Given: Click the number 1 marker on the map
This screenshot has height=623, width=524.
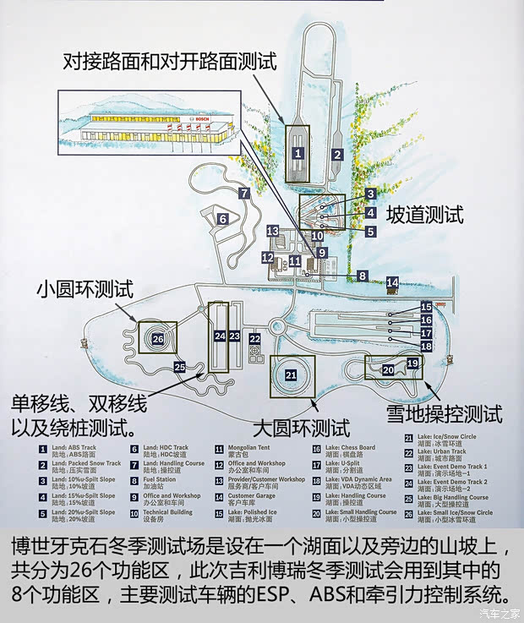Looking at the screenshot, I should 298,153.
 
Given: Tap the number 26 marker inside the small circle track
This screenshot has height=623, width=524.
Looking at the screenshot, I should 157,338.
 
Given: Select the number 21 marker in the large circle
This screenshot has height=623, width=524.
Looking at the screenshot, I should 291,374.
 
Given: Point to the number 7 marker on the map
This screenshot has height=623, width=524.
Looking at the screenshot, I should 243,193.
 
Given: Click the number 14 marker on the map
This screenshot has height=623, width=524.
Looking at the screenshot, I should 392,282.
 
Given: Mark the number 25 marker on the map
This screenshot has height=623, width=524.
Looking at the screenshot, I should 179,367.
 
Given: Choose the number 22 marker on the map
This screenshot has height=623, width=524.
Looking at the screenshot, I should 254,339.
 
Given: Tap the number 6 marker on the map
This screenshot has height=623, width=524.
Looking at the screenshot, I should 222,219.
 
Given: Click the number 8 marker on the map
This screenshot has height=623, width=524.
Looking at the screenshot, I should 362,275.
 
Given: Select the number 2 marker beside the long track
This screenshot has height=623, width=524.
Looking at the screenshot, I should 336,155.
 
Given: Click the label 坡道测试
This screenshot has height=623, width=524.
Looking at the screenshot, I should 425,215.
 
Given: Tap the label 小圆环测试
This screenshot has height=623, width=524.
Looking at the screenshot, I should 85,288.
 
